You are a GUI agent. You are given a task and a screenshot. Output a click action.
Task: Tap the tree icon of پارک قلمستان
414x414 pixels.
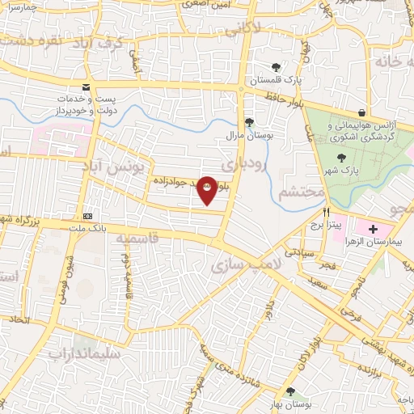(x=277, y=68)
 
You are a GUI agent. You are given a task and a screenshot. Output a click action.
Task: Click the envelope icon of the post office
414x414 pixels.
(x=87, y=88)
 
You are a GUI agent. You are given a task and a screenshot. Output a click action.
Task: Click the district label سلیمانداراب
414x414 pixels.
(x=84, y=353)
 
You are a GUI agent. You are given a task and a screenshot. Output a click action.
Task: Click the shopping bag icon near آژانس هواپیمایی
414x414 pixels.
(x=361, y=112)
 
